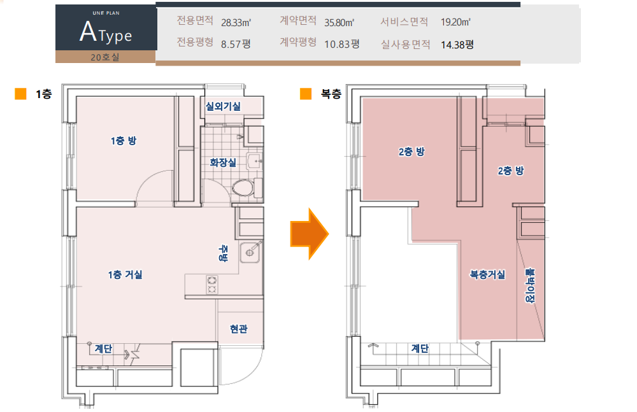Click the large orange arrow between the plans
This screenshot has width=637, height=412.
click(309, 234)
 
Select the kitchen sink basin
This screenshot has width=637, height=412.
click(250, 252)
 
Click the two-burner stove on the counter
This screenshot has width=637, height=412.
click(211, 285)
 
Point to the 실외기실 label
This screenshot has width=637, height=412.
click(222, 106)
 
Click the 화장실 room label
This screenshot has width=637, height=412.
click(222, 162)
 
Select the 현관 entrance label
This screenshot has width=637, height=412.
click(238, 329)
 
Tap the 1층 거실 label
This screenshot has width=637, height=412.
click(125, 274)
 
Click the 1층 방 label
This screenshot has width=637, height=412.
click(124, 141)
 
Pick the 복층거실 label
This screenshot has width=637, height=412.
click(487, 274)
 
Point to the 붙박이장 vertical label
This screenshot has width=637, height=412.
click(530, 285)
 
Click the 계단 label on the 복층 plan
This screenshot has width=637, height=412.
click(420, 348)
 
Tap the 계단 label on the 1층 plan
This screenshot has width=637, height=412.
click(103, 348)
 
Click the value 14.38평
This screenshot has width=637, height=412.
click(457, 45)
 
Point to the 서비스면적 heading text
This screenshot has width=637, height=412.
click(404, 22)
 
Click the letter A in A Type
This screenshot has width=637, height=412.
click(88, 32)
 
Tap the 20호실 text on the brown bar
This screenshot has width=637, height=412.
click(105, 57)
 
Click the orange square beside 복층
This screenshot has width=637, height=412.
click(306, 94)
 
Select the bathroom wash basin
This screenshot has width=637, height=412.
click(255, 162)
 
